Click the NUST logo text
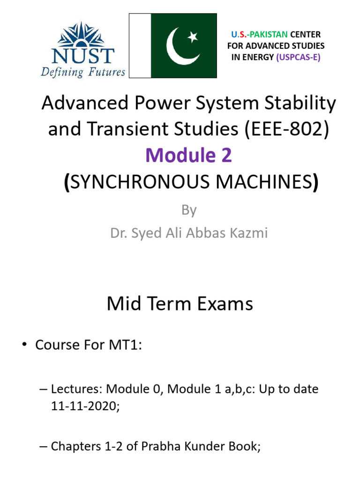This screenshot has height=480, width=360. click(x=83, y=55)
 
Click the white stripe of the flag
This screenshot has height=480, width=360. click(x=140, y=45)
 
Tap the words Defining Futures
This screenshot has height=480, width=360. click(x=83, y=72)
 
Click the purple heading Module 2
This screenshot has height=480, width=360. click(x=189, y=156)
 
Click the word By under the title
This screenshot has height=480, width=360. click(x=188, y=210)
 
